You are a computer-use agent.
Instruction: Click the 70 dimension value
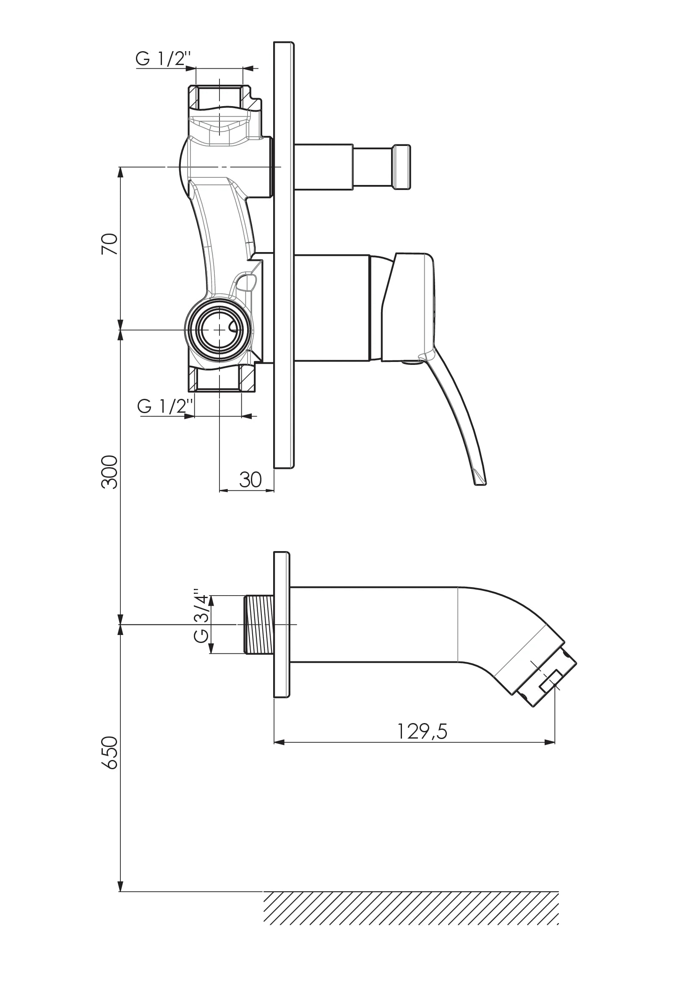(x=110, y=244)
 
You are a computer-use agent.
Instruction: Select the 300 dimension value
(x=110, y=472)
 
